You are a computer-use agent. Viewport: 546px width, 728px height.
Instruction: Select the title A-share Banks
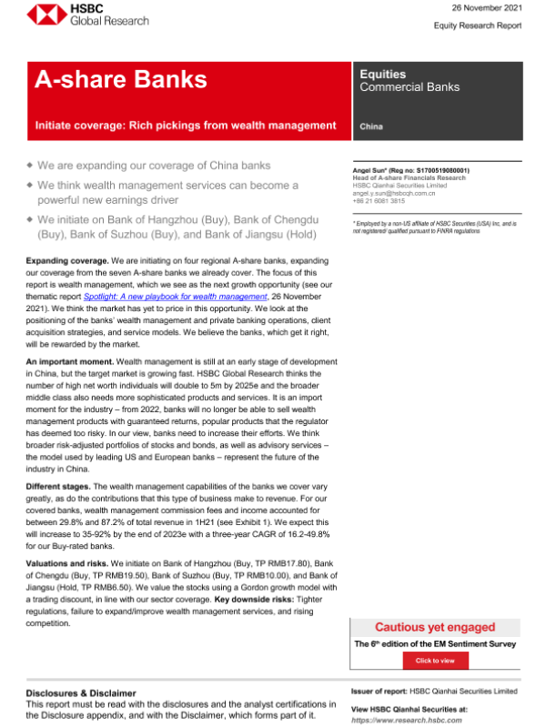(120, 81)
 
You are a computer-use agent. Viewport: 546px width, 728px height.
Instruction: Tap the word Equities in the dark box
(382, 74)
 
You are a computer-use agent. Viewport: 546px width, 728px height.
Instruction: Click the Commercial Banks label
(409, 87)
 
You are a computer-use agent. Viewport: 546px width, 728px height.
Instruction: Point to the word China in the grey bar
(371, 126)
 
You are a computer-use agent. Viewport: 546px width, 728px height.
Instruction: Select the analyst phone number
(379, 201)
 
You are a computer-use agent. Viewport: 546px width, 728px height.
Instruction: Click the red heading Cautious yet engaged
(435, 627)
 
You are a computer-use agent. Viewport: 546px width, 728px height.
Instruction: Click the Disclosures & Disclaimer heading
(81, 693)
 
